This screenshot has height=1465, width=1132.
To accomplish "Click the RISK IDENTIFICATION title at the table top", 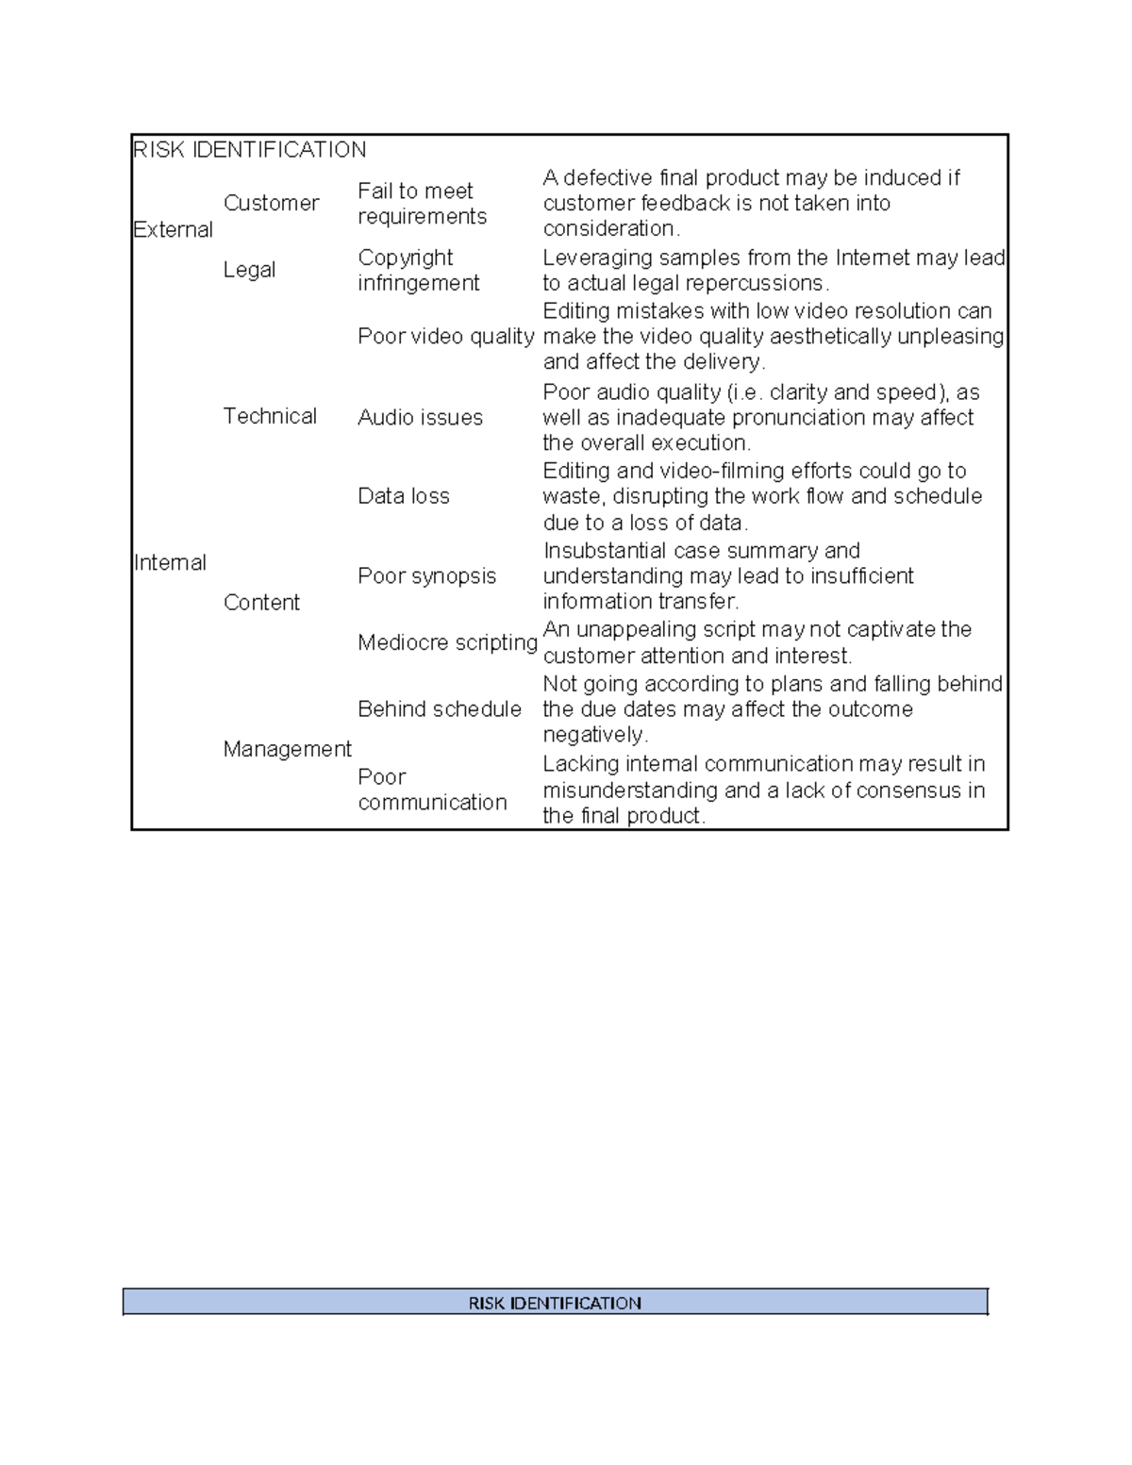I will tap(250, 150).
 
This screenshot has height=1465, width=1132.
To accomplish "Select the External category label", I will tap(173, 229).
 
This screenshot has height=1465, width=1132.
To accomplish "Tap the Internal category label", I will tap(170, 562).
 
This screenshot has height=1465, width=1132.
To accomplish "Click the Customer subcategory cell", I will tap(271, 203).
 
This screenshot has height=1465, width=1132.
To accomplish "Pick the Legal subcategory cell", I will tap(249, 270).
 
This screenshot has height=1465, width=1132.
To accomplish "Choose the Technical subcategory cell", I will tap(270, 416).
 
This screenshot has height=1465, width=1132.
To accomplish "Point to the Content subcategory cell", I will tap(261, 602).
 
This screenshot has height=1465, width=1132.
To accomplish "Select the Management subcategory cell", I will tap(287, 748).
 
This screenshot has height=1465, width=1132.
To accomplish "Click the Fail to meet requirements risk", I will tap(422, 204).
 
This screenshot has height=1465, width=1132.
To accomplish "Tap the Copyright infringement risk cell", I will tap(419, 270).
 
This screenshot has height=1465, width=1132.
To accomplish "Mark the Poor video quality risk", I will tap(445, 337).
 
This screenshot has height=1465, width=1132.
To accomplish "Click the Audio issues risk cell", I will tap(420, 417).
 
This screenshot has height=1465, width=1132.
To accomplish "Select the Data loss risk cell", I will tap(404, 496).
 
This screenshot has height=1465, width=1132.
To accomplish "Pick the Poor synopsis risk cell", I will tap(426, 575).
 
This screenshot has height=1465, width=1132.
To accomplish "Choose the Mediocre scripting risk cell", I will tap(447, 642).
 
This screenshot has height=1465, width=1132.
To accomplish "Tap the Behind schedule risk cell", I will tap(440, 708).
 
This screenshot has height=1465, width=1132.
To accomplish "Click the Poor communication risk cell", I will tap(432, 790).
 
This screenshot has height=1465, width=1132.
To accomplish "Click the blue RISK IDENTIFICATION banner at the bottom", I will tap(555, 1303).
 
